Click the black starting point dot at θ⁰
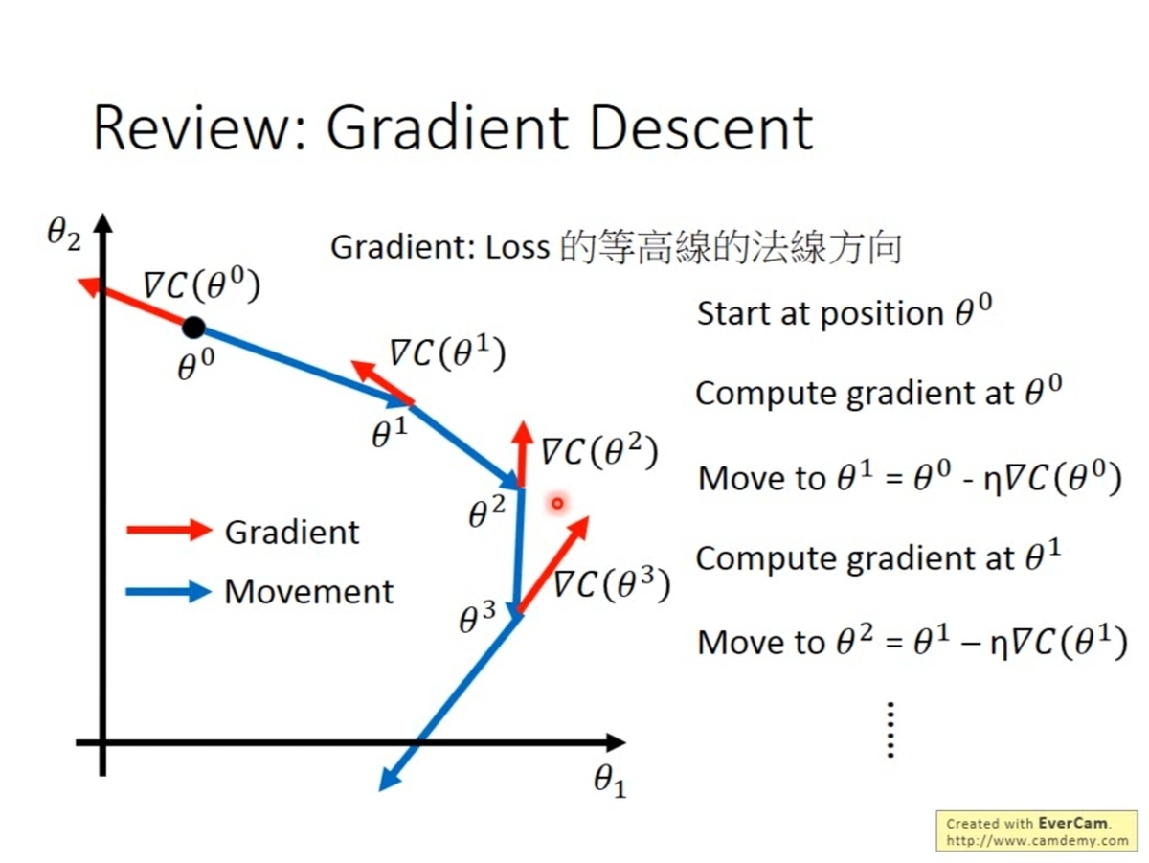pyautogui.click(x=193, y=328)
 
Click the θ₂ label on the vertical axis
pyautogui.click(x=65, y=234)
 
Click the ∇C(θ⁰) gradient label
pyautogui.click(x=201, y=285)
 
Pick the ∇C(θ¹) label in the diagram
pyautogui.click(x=446, y=354)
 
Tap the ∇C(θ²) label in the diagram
pyautogui.click(x=599, y=451)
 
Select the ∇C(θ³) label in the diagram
pyautogui.click(x=610, y=582)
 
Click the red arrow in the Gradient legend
pyautogui.click(x=169, y=531)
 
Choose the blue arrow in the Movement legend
pyautogui.click(x=169, y=592)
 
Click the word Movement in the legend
pyautogui.click(x=308, y=592)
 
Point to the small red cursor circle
pyautogui.click(x=557, y=502)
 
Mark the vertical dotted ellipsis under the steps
pyautogui.click(x=890, y=730)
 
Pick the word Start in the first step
pyautogui.click(x=736, y=313)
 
